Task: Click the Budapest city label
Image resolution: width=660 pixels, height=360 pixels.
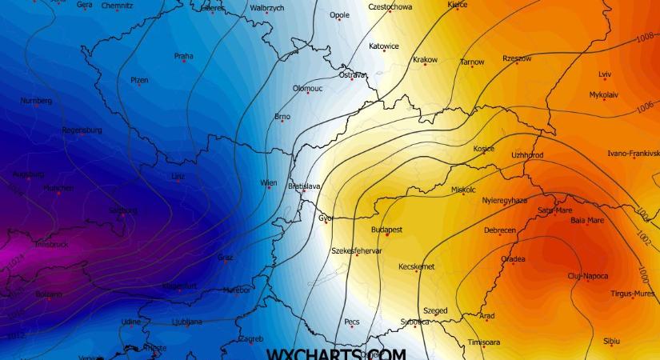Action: (x=386, y=229)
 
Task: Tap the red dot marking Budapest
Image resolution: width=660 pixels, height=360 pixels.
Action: (x=387, y=234)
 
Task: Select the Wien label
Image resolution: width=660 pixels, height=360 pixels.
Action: (x=269, y=182)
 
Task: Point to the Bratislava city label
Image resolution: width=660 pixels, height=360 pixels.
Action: (x=304, y=186)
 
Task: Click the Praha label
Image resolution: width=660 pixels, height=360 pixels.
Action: (x=183, y=56)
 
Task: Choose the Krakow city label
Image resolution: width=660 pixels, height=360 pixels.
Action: (x=425, y=59)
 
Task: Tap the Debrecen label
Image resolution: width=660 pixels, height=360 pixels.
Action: (x=500, y=230)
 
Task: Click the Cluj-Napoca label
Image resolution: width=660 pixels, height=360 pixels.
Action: (x=587, y=276)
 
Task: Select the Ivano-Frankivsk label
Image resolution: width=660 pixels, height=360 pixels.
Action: (x=633, y=153)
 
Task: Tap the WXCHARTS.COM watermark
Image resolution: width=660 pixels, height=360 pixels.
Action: (x=336, y=354)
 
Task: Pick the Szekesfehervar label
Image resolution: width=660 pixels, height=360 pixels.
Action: (x=357, y=250)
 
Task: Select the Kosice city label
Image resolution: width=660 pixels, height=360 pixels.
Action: (x=484, y=148)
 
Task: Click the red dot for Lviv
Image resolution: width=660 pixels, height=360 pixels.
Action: (x=605, y=79)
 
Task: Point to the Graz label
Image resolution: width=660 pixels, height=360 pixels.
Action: (x=225, y=257)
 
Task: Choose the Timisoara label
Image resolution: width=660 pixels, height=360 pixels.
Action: (x=484, y=342)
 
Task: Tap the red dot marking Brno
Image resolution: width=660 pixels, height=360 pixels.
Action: (x=282, y=122)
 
